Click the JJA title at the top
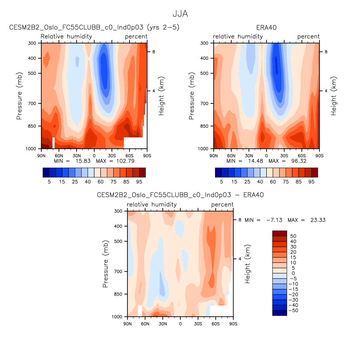click(180, 14)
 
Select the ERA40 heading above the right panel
click(266, 28)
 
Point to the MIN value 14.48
click(256, 161)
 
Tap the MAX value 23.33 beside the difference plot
click(318, 220)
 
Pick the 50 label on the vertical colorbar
click(293, 236)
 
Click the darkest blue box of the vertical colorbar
click(280, 313)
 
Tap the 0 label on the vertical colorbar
click(293, 273)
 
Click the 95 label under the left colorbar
click(139, 182)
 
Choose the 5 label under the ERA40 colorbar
click(221, 182)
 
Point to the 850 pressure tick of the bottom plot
click(118, 294)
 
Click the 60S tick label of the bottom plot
click(216, 324)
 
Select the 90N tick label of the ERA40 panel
click(214, 156)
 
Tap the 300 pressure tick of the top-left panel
click(32, 43)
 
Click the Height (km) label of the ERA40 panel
click(334, 96)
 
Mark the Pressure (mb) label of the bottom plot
click(105, 264)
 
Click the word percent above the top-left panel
click(136, 37)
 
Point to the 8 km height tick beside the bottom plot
click(240, 220)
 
